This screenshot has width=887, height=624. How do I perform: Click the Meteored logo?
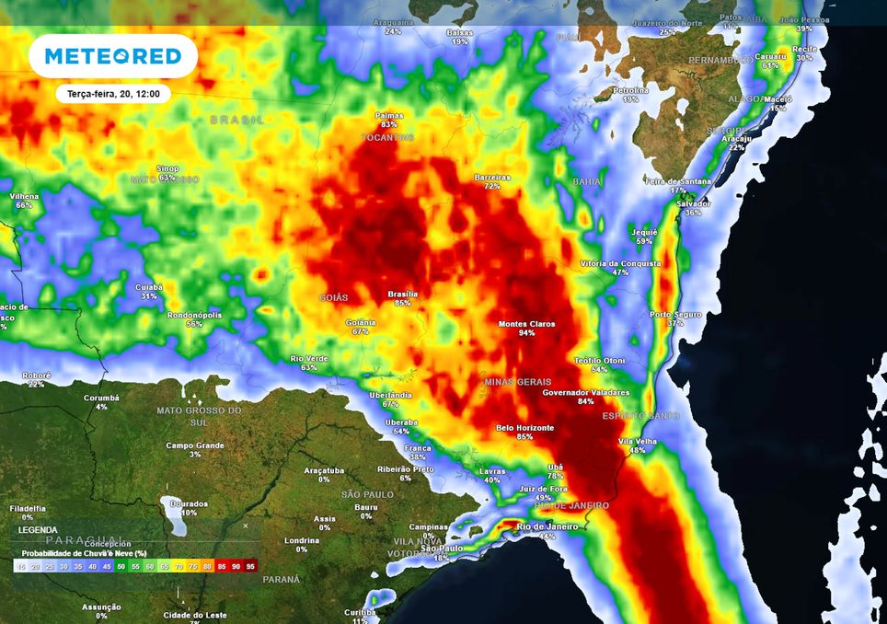click(113, 56)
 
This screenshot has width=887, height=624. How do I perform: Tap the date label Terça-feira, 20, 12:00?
click(108, 94)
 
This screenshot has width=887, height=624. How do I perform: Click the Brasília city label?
click(402, 294)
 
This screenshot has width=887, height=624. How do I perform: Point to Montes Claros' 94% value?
click(526, 333)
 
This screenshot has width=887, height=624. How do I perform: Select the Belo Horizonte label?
click(524, 428)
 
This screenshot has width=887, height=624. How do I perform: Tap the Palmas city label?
click(389, 116)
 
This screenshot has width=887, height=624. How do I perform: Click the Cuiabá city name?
click(149, 287)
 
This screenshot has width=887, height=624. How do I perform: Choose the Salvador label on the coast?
click(693, 203)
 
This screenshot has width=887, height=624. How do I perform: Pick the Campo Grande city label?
click(195, 445)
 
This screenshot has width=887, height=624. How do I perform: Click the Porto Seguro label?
click(675, 314)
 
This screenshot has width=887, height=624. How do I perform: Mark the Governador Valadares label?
click(586, 392)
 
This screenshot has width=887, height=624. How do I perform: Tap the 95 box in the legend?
click(251, 566)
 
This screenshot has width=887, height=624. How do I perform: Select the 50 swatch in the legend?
click(121, 566)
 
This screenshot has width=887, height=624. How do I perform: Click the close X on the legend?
click(245, 526)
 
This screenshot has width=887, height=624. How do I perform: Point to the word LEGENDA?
click(38, 530)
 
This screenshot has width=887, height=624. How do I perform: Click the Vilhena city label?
click(24, 196)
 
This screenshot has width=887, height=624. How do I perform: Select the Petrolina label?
click(630, 90)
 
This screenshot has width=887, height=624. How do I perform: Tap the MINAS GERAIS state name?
click(518, 381)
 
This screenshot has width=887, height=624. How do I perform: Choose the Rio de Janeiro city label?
click(547, 526)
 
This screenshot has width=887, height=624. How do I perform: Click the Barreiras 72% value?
click(492, 186)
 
